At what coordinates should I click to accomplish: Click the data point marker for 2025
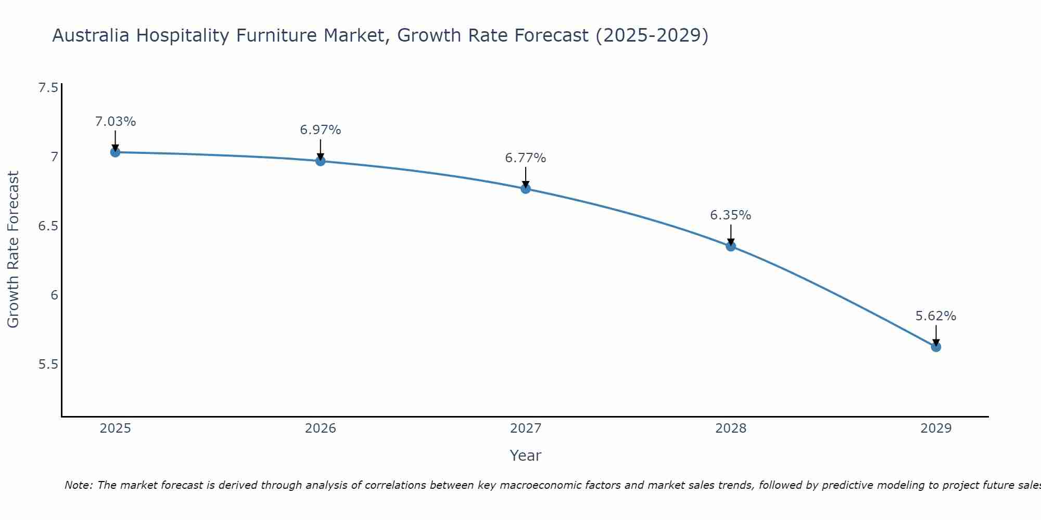point(115,152)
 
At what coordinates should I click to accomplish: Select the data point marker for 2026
point(321,161)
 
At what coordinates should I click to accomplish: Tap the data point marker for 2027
point(526,189)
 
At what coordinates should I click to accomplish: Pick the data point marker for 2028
point(731,246)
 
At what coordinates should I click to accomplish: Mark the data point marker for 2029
point(936,347)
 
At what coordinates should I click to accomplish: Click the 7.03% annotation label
point(115,122)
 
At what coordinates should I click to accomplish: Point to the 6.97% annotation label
point(321,130)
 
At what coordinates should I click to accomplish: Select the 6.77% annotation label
point(526,158)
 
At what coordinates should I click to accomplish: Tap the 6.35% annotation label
point(731,215)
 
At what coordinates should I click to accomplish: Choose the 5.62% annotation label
point(936,316)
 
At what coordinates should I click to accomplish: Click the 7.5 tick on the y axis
point(48,88)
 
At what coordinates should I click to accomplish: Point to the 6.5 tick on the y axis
point(48,226)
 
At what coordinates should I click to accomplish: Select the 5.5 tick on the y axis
point(48,365)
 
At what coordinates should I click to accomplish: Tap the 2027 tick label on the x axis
point(526,428)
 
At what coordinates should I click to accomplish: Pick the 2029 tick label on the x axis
point(936,428)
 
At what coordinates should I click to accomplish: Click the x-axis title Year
point(526,456)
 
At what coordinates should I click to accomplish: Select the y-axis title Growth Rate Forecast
point(13,250)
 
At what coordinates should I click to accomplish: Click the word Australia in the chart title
point(91,36)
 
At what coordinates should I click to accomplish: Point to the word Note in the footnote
point(78,485)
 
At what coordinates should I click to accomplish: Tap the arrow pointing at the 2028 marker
point(731,236)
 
